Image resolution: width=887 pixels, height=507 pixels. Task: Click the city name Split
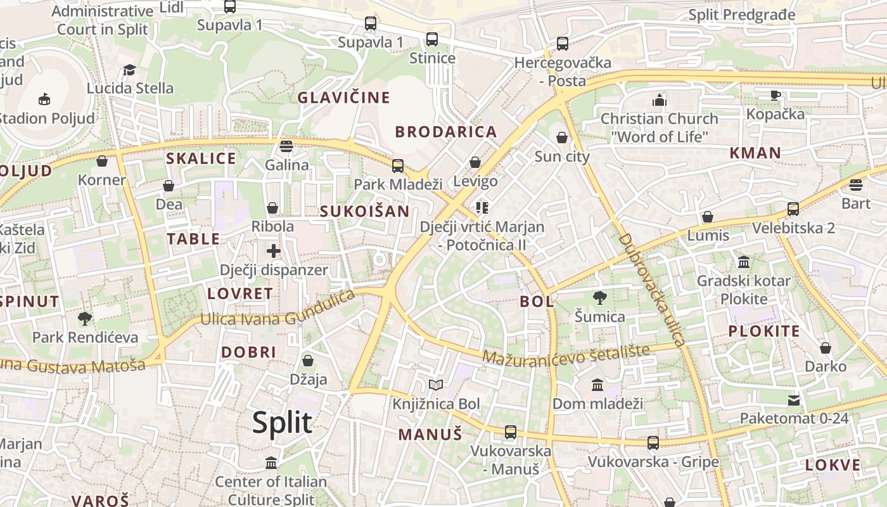[282, 423]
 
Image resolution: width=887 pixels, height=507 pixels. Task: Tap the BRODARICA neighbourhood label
[446, 132]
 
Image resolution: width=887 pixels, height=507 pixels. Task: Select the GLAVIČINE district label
[343, 98]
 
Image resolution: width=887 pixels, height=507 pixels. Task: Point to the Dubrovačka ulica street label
[652, 290]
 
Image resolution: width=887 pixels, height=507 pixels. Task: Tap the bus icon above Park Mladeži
[398, 166]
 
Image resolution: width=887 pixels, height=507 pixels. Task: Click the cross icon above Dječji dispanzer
[274, 251]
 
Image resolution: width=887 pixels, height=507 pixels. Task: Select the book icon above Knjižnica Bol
[435, 385]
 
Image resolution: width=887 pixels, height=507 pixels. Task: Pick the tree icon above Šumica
[599, 297]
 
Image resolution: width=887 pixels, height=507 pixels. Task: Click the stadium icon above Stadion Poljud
[44, 99]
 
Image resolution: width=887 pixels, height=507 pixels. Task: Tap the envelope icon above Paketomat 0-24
[794, 400]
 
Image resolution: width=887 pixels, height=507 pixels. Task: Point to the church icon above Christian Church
[660, 100]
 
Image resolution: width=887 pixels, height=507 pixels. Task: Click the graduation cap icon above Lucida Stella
[130, 70]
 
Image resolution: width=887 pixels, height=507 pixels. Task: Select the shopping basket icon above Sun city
[562, 138]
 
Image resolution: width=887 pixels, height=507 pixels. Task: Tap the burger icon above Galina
[286, 146]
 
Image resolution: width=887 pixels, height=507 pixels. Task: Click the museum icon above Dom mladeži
[597, 385]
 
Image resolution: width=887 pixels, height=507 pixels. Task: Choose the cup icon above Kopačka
[775, 95]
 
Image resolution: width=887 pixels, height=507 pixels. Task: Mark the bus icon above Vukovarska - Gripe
[653, 442]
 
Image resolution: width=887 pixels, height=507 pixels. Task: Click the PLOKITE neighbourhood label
[763, 331]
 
